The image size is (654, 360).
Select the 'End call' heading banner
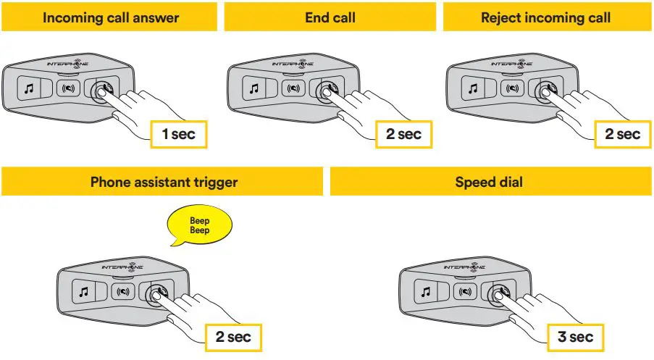click(x=330, y=17)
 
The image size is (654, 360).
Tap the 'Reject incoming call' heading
click(x=545, y=17)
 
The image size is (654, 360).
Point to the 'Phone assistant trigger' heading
click(x=163, y=182)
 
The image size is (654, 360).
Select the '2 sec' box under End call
click(x=399, y=134)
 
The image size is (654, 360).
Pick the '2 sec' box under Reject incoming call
click(x=618, y=134)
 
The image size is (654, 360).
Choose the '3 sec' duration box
click(x=576, y=337)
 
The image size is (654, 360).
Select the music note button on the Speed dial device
click(x=426, y=293)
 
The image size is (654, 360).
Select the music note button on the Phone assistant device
click(x=84, y=293)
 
